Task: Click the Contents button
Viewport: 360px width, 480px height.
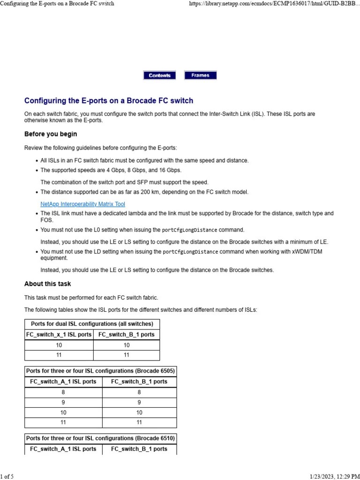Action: (159, 75)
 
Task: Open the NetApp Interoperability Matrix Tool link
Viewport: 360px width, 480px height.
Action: (82, 204)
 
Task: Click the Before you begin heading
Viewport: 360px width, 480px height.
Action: (51, 134)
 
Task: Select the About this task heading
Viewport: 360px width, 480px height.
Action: (48, 284)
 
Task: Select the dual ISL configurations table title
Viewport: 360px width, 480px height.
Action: (92, 324)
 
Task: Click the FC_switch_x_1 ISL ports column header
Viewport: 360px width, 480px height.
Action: (59, 335)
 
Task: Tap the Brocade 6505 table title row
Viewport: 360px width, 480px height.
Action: (100, 371)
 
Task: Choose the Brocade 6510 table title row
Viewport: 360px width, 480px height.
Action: (100, 438)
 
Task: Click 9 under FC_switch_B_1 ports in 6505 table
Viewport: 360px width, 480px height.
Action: (139, 402)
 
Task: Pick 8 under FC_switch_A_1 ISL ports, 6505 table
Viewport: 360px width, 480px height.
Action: (63, 392)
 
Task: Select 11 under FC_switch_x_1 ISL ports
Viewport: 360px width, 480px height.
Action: (59, 355)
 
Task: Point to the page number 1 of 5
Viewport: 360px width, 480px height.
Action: (7, 477)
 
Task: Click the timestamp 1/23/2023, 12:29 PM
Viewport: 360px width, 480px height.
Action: (334, 477)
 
